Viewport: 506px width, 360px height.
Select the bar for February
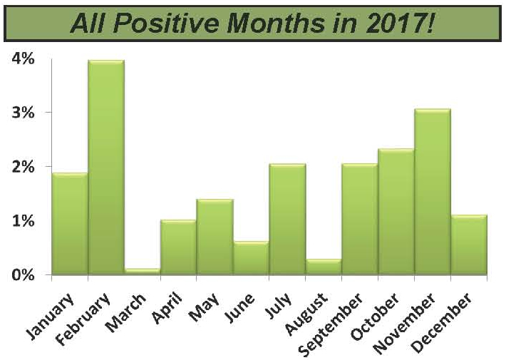coord(106,168)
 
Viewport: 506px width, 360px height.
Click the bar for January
coord(70,224)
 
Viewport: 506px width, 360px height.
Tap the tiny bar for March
coord(143,272)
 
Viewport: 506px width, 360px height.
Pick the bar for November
coord(433,192)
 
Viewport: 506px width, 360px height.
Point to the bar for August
coord(324,267)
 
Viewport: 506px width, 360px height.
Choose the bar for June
coord(251,258)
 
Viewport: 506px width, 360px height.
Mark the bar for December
coord(469,245)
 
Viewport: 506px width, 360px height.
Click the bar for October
coord(396,212)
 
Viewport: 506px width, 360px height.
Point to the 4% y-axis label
coord(24,58)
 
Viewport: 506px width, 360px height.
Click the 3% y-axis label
coord(24,113)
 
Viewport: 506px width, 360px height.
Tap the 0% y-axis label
coord(24,275)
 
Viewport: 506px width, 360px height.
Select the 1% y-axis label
coord(24,221)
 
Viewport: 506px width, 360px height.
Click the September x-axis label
coord(331,324)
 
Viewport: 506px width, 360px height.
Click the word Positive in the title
coord(165,24)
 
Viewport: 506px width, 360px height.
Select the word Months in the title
coord(275,24)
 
